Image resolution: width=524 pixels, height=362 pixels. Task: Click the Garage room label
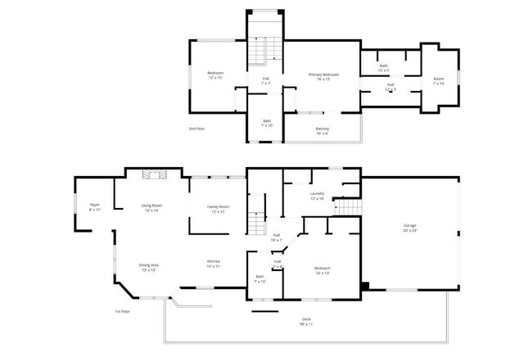(x=409, y=229)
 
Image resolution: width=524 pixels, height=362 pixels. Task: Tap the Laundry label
(x=317, y=197)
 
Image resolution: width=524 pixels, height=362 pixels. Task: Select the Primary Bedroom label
(x=324, y=77)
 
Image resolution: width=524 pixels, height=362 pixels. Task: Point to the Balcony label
(x=323, y=131)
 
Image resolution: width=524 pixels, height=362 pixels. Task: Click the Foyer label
(x=95, y=208)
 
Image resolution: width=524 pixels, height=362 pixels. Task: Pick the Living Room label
(x=151, y=208)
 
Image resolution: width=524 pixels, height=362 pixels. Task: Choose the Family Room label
(x=218, y=208)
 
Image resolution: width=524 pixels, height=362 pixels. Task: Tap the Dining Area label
(x=148, y=267)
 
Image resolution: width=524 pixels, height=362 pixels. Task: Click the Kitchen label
(x=213, y=264)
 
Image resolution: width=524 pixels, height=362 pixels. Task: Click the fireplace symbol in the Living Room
(x=152, y=174)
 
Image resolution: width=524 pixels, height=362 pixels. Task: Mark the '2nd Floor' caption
(x=196, y=129)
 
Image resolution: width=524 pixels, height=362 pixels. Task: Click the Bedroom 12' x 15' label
(x=215, y=75)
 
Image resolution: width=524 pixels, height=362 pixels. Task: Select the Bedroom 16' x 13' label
(x=323, y=270)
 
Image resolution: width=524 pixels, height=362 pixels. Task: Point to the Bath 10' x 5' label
(x=383, y=67)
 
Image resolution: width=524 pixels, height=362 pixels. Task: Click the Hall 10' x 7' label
(x=277, y=238)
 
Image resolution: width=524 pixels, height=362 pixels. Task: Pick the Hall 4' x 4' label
(x=278, y=264)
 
